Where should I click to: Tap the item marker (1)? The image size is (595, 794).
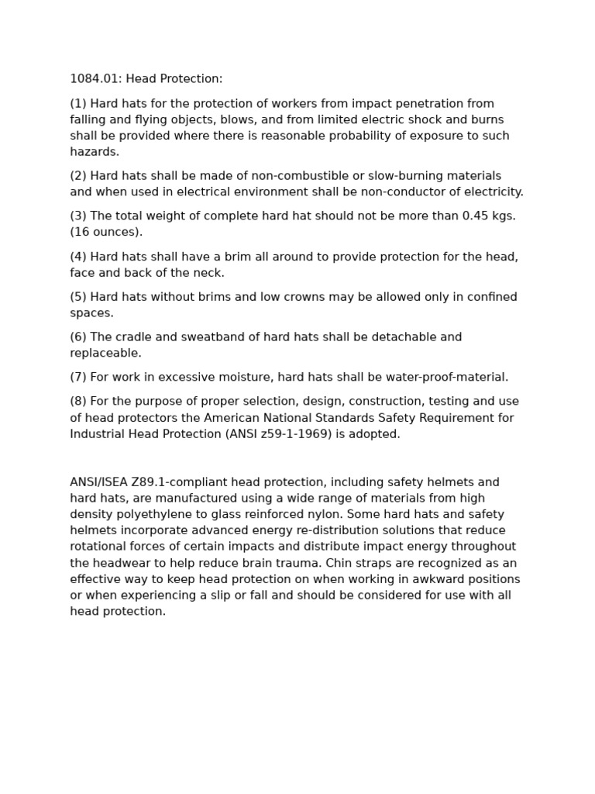[x=78, y=104]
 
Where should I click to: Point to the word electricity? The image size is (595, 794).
[x=490, y=192]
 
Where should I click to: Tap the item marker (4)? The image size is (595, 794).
[x=78, y=257]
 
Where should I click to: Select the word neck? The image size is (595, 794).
[x=209, y=273]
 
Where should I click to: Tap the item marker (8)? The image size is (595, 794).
[x=78, y=402]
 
